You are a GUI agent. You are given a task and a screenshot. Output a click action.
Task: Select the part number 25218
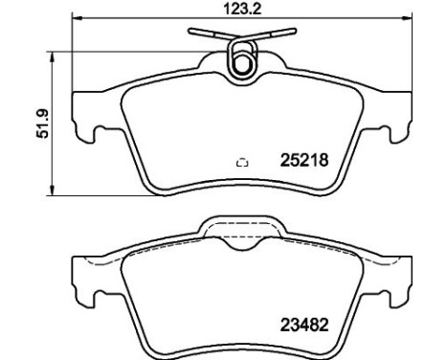(x=305, y=161)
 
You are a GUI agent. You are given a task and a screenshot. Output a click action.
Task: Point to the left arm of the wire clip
(x=205, y=35)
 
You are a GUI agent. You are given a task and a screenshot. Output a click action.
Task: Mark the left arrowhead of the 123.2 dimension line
(x=78, y=20)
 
